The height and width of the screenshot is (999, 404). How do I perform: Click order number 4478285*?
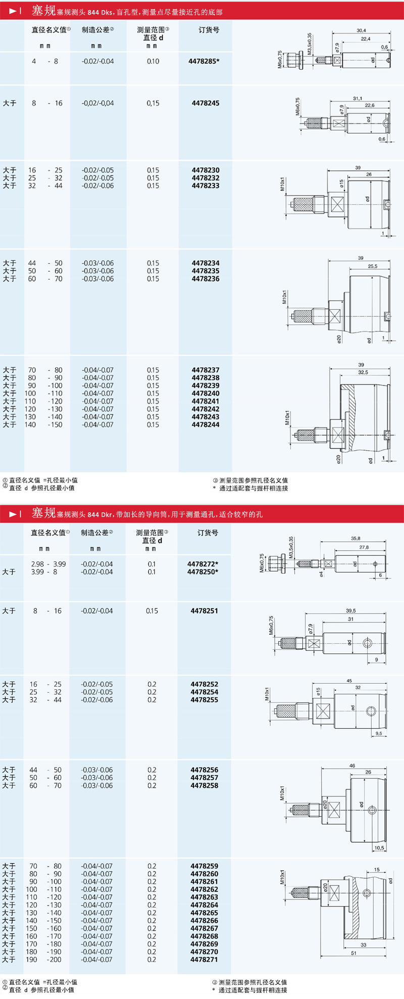204,62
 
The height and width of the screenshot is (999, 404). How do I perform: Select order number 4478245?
206,103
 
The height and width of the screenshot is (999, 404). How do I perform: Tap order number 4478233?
206,186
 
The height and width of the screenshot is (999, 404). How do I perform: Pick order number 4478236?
206,279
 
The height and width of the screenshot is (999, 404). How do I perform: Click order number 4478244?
206,425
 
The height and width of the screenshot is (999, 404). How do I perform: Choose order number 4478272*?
203,564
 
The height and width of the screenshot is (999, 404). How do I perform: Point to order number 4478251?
205,611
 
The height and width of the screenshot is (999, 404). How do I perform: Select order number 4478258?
205,786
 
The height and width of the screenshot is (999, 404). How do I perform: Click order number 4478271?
205,960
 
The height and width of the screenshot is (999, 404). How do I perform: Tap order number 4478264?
205,905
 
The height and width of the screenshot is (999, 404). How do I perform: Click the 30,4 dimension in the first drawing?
361,31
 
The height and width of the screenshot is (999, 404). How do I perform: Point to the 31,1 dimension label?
358,99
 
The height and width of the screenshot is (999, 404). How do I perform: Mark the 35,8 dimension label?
356,539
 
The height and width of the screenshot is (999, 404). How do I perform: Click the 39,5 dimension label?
350,611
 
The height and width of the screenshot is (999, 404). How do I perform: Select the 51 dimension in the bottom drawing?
353,953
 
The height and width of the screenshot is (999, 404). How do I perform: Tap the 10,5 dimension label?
379,848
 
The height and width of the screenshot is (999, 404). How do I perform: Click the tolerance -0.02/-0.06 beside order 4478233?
98,186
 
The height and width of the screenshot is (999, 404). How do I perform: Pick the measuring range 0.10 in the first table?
153,62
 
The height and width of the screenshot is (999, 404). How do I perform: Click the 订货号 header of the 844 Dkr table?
208,533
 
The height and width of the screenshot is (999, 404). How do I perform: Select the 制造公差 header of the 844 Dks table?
97,30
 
